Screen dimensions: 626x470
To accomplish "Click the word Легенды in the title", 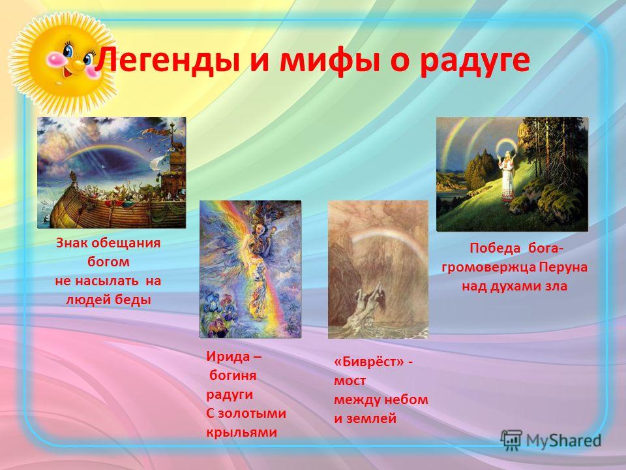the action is (168, 59).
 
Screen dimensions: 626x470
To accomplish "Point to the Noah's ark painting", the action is (112, 172).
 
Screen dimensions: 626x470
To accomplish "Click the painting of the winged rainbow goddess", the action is (250, 269).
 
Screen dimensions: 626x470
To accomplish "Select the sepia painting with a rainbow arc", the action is (378, 270).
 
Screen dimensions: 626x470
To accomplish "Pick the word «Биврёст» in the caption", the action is (368, 362).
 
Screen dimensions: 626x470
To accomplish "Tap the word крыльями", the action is (241, 432).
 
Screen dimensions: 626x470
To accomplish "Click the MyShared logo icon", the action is (511, 441).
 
